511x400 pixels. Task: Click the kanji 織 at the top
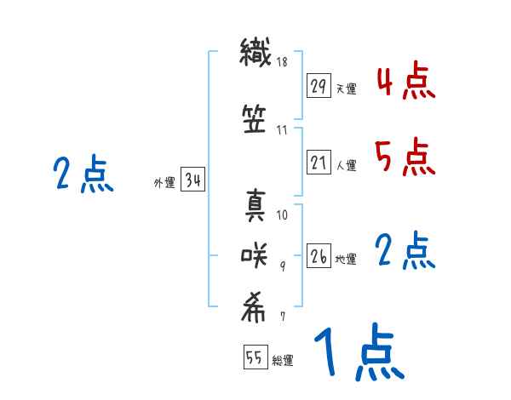pyautogui.click(x=256, y=54)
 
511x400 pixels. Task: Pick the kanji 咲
pyautogui.click(x=256, y=253)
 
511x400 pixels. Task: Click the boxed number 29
pyautogui.click(x=319, y=87)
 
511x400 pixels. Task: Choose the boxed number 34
pyautogui.click(x=192, y=180)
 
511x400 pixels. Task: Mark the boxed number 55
pyautogui.click(x=255, y=358)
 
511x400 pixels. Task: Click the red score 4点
pyautogui.click(x=404, y=83)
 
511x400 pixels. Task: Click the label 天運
pyautogui.click(x=346, y=89)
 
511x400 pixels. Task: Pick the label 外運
pyautogui.click(x=163, y=182)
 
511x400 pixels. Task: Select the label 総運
pyautogui.click(x=283, y=361)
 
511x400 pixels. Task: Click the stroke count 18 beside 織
pyautogui.click(x=282, y=62)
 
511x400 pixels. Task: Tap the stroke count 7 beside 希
pyautogui.click(x=282, y=317)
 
